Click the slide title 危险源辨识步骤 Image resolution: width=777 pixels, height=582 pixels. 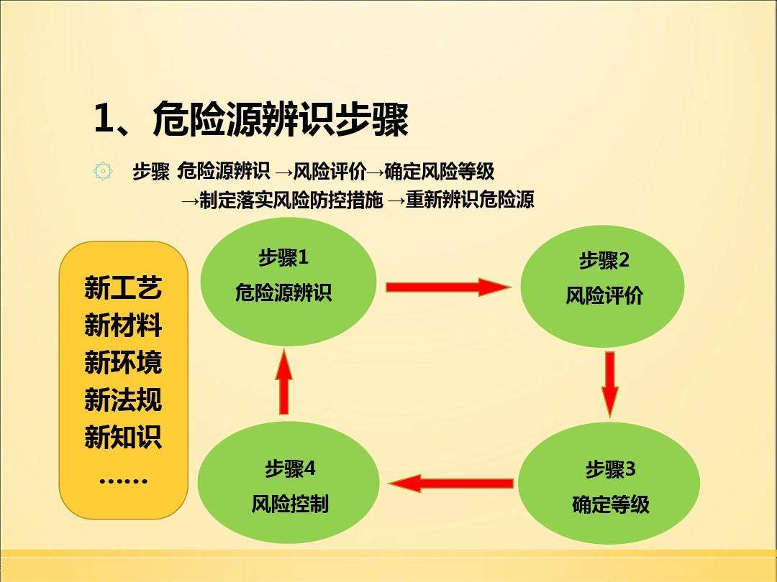pyautogui.click(x=281, y=119)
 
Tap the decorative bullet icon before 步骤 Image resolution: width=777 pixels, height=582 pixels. pyautogui.click(x=103, y=172)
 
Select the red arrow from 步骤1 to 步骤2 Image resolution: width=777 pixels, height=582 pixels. pyautogui.click(x=448, y=287)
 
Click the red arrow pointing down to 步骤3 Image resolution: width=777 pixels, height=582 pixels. pyautogui.click(x=610, y=384)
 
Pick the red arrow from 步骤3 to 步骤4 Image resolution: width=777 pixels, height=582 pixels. pyautogui.click(x=451, y=483)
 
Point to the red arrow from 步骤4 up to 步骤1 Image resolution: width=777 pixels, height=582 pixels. pyautogui.click(x=284, y=382)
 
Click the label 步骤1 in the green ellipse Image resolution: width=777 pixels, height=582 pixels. pyautogui.click(x=283, y=257)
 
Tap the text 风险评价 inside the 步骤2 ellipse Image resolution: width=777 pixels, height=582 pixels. pyautogui.click(x=604, y=296)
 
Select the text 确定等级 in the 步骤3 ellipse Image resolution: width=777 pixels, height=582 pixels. pyautogui.click(x=611, y=505)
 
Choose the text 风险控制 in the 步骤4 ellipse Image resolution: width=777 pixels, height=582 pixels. pyautogui.click(x=290, y=504)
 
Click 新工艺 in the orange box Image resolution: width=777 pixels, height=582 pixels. pyautogui.click(x=124, y=288)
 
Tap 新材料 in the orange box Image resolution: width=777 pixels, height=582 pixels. pyautogui.click(x=124, y=325)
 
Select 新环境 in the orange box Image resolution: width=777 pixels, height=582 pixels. pyautogui.click(x=124, y=363)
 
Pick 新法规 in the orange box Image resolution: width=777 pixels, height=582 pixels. pyautogui.click(x=124, y=400)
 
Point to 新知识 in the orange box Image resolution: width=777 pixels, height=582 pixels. pyautogui.click(x=124, y=437)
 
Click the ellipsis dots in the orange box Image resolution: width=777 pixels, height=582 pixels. pyautogui.click(x=124, y=480)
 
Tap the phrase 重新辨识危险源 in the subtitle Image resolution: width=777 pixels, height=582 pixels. pyautogui.click(x=470, y=200)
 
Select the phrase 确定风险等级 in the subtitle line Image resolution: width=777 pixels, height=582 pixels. pyautogui.click(x=439, y=171)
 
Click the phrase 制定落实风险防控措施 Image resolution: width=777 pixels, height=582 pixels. pyautogui.click(x=291, y=200)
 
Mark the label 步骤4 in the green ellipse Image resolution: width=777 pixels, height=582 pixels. pyautogui.click(x=290, y=468)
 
